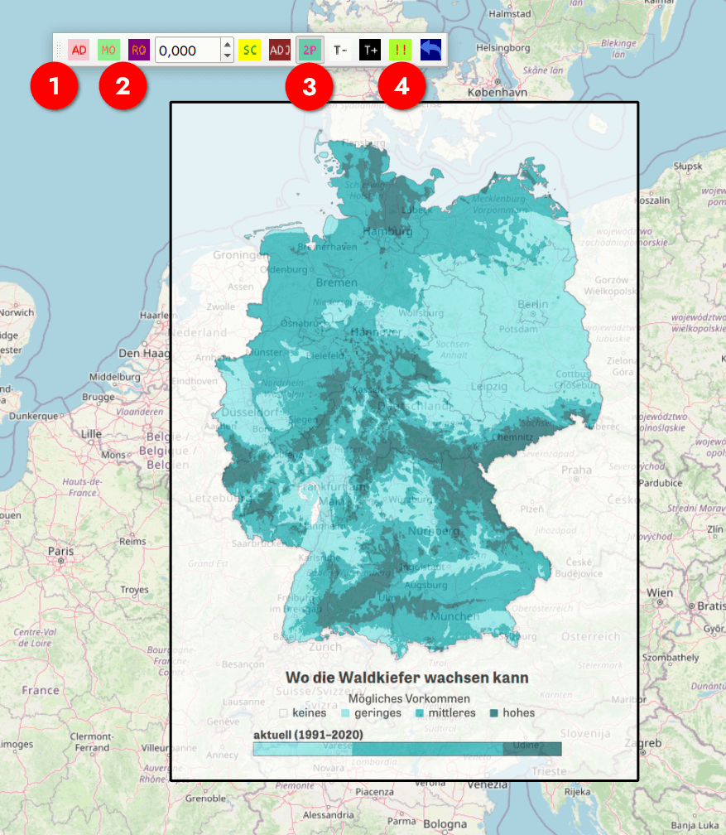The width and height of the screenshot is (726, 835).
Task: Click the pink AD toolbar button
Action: click(79, 50)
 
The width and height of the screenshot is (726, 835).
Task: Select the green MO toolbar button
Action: click(108, 50)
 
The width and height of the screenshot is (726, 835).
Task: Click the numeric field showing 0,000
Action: click(187, 51)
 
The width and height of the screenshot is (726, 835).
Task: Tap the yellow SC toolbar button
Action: click(250, 50)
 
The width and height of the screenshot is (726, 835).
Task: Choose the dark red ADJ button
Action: click(280, 50)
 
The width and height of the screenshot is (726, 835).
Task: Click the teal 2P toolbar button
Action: click(310, 50)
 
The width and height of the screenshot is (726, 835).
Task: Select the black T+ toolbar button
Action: click(370, 50)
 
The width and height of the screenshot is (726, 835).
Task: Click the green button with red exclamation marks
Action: click(401, 50)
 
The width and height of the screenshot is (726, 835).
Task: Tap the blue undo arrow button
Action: click(430, 50)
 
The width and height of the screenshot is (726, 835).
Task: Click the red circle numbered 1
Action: click(55, 87)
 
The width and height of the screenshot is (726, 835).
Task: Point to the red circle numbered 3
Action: click(310, 87)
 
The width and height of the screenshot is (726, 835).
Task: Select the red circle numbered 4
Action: click(401, 87)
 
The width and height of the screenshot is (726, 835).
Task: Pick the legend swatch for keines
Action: click(283, 713)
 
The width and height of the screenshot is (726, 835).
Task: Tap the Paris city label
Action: click(60, 550)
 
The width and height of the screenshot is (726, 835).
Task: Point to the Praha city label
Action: click(576, 470)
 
